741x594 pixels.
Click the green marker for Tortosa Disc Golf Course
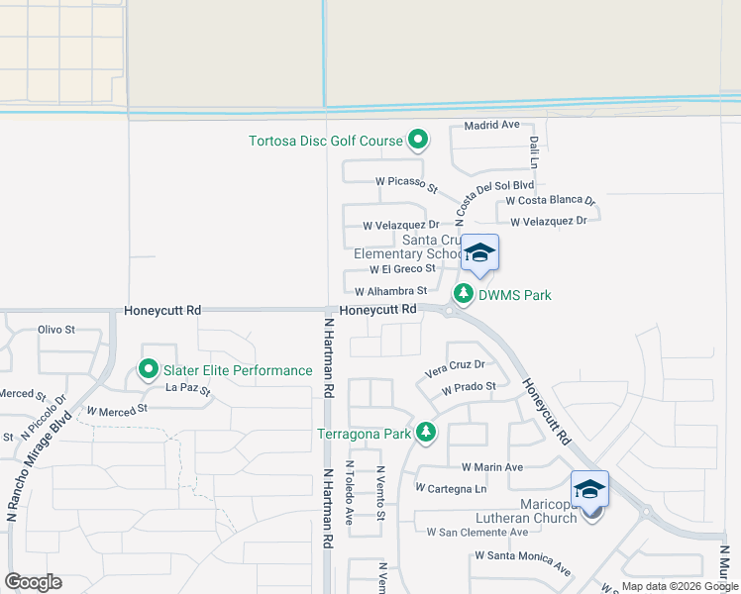click(x=418, y=141)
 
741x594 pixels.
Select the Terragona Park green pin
click(x=426, y=432)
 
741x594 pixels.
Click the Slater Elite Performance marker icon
click(x=149, y=370)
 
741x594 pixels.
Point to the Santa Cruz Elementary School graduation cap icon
click(x=479, y=252)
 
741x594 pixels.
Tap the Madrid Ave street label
click(x=492, y=126)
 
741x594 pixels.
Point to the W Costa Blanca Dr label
click(x=550, y=200)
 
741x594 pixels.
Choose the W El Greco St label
click(x=402, y=268)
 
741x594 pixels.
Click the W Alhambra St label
click(x=390, y=291)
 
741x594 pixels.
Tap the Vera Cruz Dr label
click(x=454, y=366)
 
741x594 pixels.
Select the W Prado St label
click(x=469, y=388)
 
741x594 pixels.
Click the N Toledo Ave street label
click(x=349, y=493)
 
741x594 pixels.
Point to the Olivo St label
click(x=56, y=330)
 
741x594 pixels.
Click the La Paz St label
click(x=188, y=389)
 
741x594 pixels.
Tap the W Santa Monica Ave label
click(x=522, y=561)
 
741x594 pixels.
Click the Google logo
click(x=33, y=582)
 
